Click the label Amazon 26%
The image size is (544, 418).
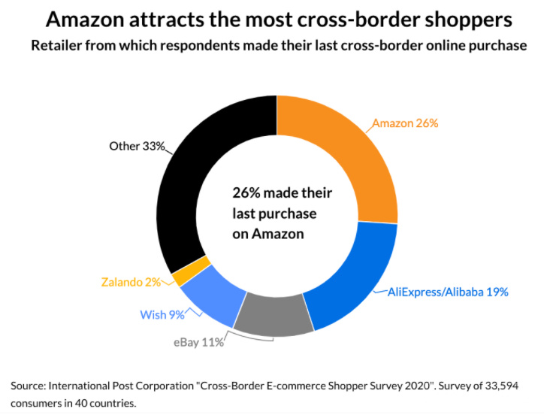coord(405,123)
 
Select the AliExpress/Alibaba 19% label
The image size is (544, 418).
coord(449,291)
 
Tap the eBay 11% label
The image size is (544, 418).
coord(197,342)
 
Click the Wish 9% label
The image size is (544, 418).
coord(162,314)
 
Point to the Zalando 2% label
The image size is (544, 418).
coord(131,283)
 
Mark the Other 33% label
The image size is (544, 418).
coord(137,146)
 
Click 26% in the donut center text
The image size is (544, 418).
coord(248,193)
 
